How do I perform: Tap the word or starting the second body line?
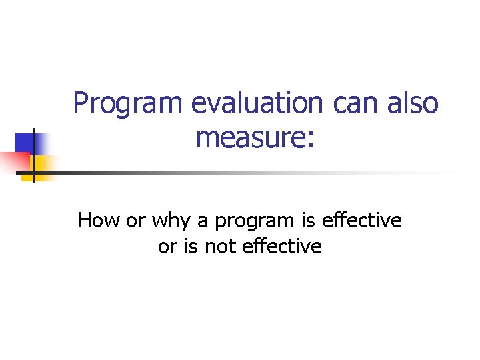167,247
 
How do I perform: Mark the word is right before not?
191,247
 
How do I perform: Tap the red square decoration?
13,160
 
